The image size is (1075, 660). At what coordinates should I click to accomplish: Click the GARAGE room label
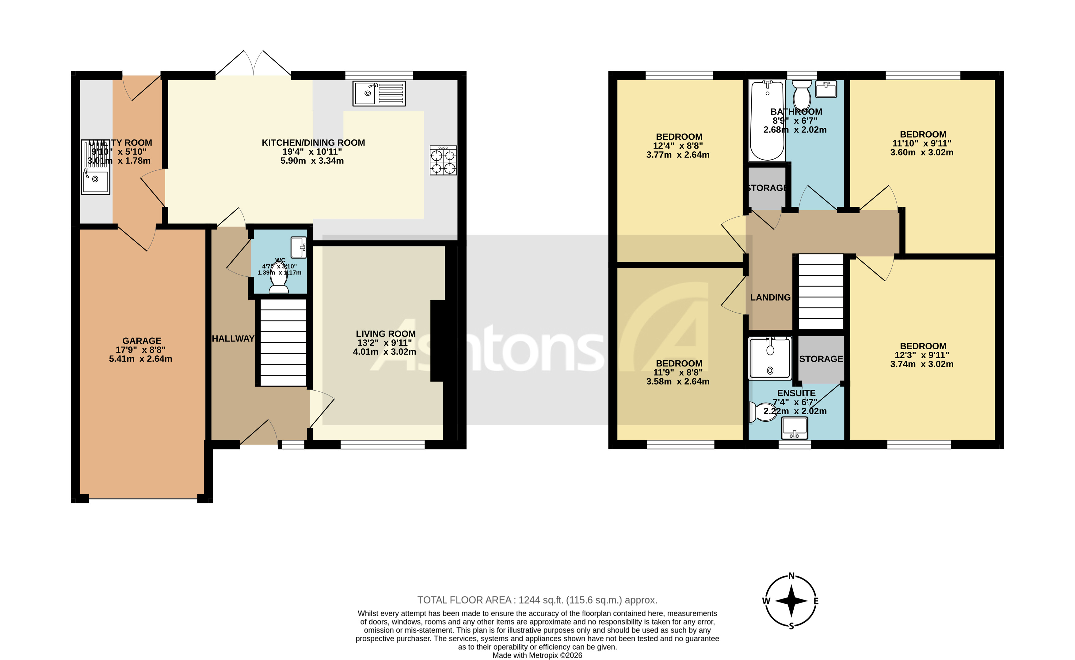pyautogui.click(x=142, y=340)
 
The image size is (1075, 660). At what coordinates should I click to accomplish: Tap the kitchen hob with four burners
pyautogui.click(x=443, y=161)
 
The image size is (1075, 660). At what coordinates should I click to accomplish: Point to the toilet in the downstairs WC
pyautogui.click(x=279, y=283)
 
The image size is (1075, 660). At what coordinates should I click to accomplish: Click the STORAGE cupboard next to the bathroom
pyautogui.click(x=767, y=188)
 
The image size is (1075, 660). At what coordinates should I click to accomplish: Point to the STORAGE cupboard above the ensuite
pyautogui.click(x=821, y=359)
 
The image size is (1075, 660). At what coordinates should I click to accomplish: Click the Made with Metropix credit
pyautogui.click(x=537, y=655)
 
